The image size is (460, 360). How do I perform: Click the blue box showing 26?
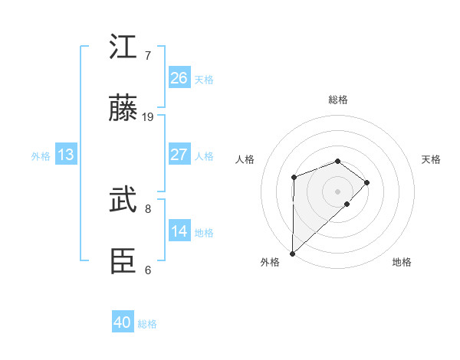(x=179, y=78)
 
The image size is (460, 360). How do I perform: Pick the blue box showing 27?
(x=179, y=155)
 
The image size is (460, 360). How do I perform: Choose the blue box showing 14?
(x=179, y=231)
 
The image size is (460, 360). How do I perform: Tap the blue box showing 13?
(x=66, y=155)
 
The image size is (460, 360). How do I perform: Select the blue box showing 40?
(x=123, y=322)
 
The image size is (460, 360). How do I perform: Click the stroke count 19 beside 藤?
(x=149, y=116)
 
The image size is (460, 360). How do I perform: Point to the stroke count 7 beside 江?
(x=148, y=55)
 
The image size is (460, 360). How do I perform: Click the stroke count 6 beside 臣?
(x=148, y=270)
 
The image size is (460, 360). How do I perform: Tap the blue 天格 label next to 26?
(x=204, y=79)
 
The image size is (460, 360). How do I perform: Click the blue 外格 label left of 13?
(x=41, y=155)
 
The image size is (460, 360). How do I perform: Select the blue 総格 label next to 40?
(x=147, y=324)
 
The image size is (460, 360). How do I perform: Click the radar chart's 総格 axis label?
(x=337, y=100)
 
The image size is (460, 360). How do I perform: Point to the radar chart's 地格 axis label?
(x=402, y=263)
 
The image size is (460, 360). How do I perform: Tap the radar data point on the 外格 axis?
(x=292, y=253)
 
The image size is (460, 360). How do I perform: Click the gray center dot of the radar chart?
(x=337, y=191)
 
